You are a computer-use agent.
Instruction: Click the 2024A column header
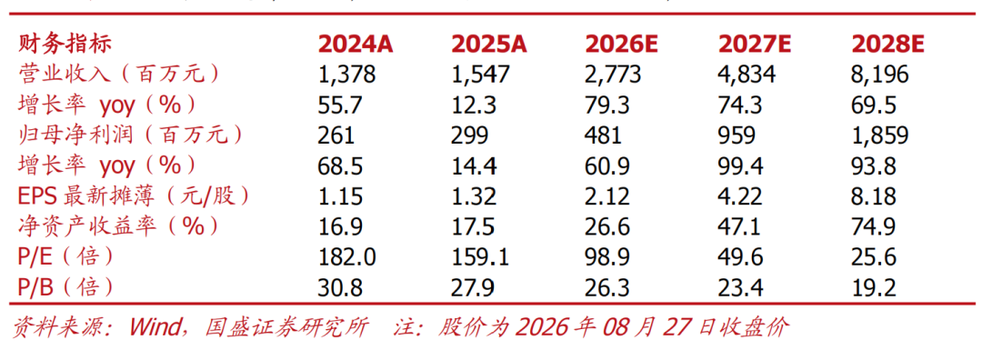356,45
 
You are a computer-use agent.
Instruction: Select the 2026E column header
622,45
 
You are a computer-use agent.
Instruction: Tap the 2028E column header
888,45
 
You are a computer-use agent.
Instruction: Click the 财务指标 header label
65,45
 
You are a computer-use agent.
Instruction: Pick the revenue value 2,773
613,75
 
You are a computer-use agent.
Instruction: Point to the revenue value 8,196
879,75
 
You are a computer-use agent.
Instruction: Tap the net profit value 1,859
879,135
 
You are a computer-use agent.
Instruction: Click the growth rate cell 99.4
740,166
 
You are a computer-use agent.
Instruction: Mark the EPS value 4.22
740,196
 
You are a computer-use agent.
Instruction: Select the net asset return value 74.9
873,226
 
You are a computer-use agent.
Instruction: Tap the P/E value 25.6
873,257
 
